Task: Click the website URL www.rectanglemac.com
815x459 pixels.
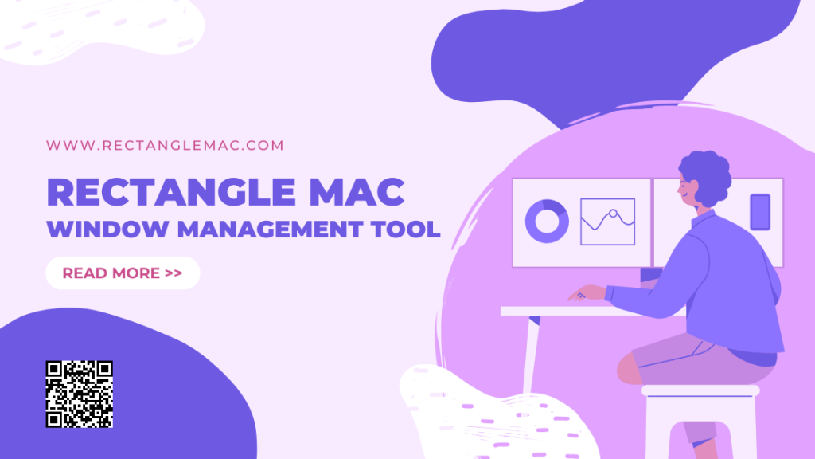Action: pos(165,145)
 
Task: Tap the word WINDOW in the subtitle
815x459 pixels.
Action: pos(107,229)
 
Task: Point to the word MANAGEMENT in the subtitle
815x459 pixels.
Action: pos(270,229)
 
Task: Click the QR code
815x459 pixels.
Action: pos(79,394)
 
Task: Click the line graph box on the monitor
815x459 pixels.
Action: pos(607,222)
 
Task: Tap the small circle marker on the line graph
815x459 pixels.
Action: pos(614,214)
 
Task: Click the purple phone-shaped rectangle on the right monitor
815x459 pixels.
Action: pos(760,212)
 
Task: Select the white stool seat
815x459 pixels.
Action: pos(700,390)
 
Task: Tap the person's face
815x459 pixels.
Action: pos(687,188)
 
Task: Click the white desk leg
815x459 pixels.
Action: pos(531,355)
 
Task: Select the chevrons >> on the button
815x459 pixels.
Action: pos(174,273)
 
